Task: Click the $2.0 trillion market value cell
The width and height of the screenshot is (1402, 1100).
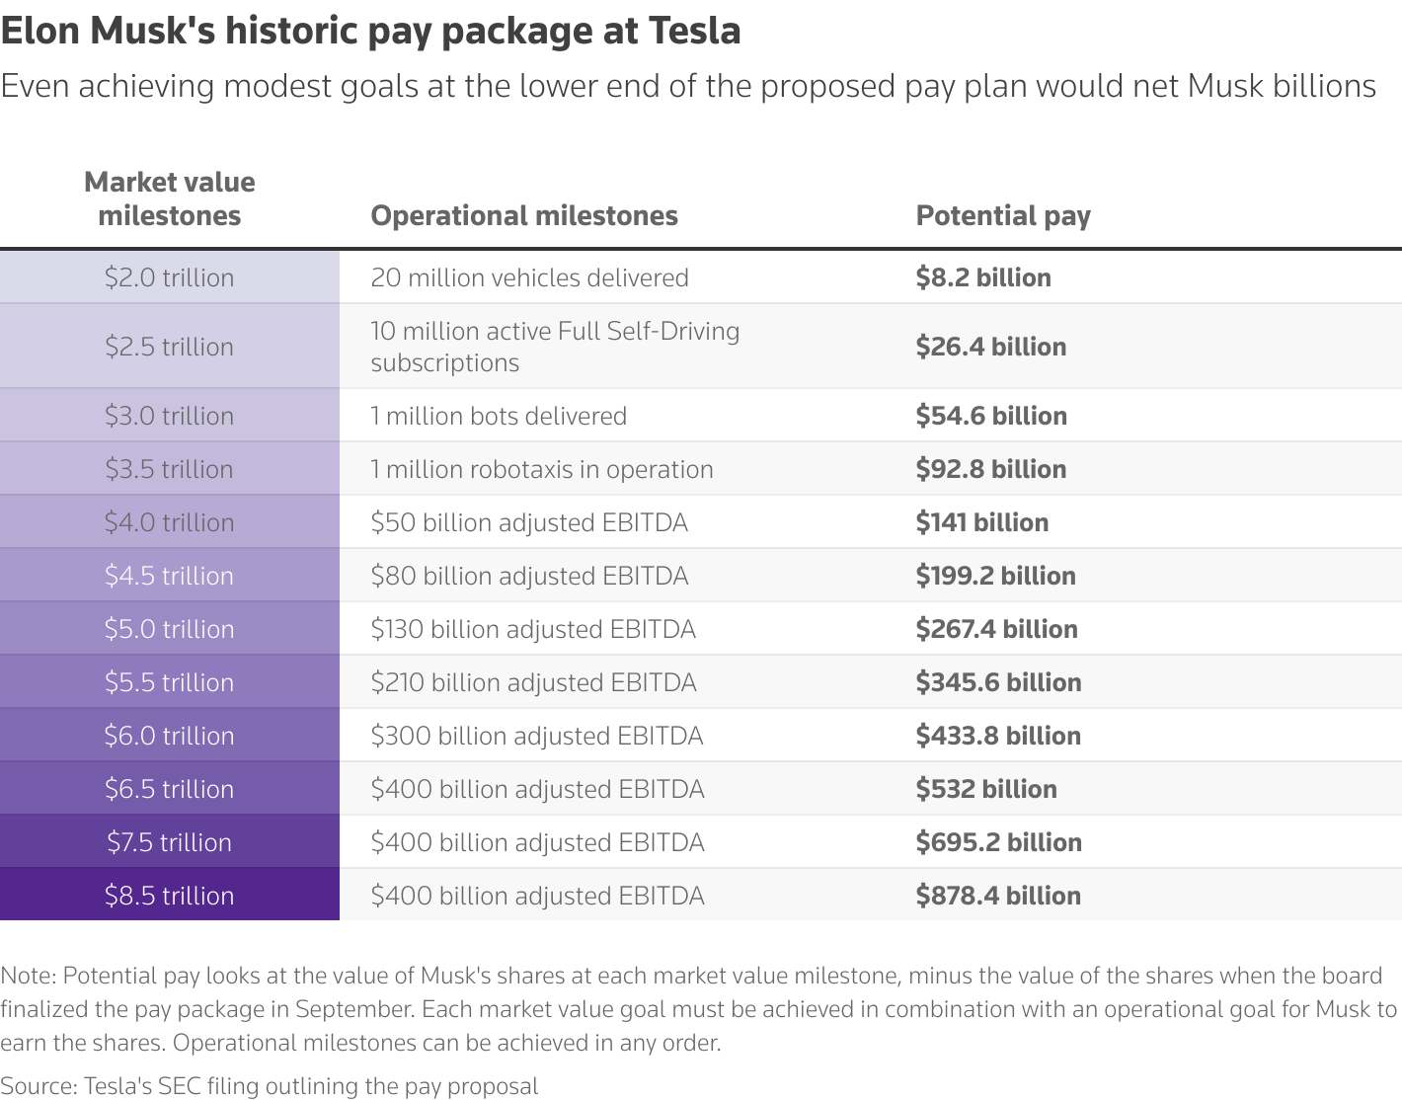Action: click(x=169, y=277)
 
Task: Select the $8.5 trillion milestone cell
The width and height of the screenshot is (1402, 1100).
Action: click(x=169, y=896)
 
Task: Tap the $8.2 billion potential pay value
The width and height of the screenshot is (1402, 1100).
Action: click(x=983, y=277)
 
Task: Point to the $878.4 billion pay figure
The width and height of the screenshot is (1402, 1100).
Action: click(x=998, y=896)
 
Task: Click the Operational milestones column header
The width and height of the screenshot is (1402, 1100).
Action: click(x=524, y=215)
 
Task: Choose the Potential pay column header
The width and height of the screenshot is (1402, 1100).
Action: click(x=1003, y=215)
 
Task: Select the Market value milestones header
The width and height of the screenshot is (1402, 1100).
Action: click(x=169, y=198)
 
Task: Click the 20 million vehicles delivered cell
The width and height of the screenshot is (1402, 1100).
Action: click(x=529, y=277)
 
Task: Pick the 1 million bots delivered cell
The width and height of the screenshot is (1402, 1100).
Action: click(x=499, y=416)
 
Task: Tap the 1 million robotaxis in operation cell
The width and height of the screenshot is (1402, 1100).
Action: click(x=542, y=469)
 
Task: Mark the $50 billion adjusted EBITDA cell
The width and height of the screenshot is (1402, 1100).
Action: click(x=529, y=522)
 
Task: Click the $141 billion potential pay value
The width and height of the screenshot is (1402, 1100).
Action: click(x=982, y=522)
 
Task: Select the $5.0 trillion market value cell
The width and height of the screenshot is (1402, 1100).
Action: click(x=169, y=629)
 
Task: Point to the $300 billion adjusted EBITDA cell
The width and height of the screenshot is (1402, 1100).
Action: click(x=537, y=736)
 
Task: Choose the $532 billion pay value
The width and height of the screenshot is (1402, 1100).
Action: click(x=986, y=789)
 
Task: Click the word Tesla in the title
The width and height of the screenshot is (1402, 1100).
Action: click(x=694, y=31)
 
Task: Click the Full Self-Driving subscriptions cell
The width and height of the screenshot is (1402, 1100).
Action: click(x=555, y=347)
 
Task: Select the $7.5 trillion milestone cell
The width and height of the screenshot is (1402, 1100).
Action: click(x=169, y=842)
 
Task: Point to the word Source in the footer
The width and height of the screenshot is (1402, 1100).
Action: click(x=36, y=1086)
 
